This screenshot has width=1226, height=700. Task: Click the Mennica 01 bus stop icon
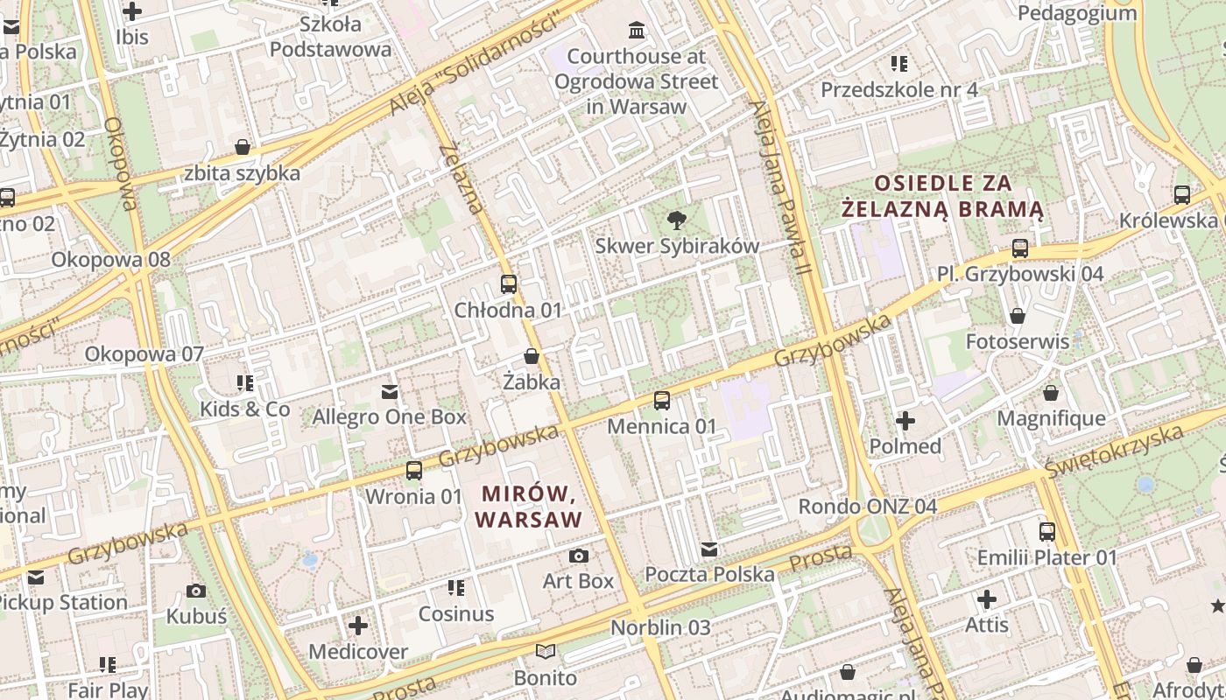662,401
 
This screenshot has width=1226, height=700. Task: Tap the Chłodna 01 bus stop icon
508,284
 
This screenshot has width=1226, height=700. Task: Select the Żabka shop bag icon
531,356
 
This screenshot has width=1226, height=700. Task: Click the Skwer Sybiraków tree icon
676,220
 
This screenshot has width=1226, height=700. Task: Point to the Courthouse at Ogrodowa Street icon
637,31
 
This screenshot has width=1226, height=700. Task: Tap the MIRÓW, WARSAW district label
529,507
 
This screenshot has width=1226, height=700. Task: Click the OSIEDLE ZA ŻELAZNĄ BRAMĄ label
942,196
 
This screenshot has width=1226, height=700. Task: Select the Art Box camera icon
578,556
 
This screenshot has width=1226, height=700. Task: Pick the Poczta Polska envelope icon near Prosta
709,549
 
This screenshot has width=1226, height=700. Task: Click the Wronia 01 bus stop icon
413,471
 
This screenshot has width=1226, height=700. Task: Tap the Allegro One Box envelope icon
389,392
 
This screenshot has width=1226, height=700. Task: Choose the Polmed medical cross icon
905,421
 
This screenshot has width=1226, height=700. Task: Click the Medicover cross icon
357,626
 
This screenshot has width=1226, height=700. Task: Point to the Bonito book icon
545,652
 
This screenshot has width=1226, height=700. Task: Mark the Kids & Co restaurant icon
244,383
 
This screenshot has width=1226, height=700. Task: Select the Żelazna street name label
462,179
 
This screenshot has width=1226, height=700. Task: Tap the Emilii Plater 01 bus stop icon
1046,531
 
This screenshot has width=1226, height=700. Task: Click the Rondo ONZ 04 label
867,507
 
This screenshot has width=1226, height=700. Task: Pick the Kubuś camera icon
196,591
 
